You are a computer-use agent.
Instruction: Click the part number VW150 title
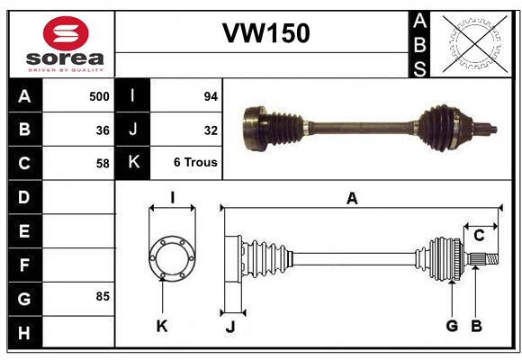point(266,32)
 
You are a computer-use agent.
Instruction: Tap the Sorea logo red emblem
point(66,36)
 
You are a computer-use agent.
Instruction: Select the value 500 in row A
point(99,95)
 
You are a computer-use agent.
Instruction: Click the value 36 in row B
point(103,130)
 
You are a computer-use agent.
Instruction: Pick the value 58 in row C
point(103,163)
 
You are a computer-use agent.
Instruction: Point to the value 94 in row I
point(211,95)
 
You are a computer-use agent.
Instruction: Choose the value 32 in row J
point(211,130)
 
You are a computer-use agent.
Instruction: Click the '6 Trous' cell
point(195,163)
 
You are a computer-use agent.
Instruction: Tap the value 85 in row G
point(102,296)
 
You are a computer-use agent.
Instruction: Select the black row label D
point(24,196)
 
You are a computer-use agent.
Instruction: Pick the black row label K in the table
point(133,163)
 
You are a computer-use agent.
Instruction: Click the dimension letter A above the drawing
point(352,200)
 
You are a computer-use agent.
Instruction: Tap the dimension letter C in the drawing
point(479,236)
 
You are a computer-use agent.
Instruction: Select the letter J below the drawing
point(230,327)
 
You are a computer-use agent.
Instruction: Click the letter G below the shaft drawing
point(452,326)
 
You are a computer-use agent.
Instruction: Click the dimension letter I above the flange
point(172,197)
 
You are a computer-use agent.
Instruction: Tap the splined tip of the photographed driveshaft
point(490,129)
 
